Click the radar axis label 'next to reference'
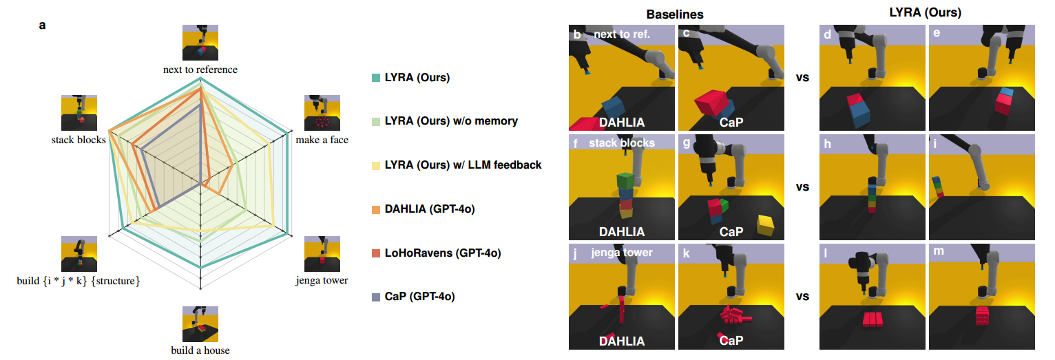(200, 70)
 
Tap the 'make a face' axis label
(322, 140)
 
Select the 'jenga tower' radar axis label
(322, 280)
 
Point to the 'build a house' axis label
(200, 350)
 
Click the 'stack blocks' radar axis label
(78, 140)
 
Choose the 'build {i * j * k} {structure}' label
(79, 280)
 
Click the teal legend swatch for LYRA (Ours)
(375, 78)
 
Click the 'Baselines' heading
(676, 14)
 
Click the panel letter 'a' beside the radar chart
(43, 25)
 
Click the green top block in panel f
(625, 180)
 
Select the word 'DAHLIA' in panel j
(623, 341)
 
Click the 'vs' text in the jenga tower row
(802, 297)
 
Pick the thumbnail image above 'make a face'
(322, 113)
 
